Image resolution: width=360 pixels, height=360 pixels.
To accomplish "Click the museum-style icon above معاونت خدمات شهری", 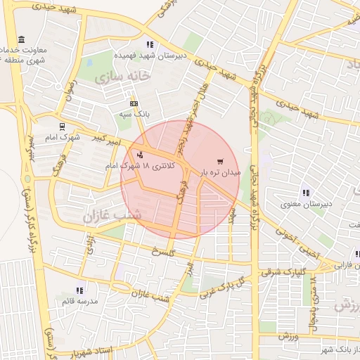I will tap(22, 39).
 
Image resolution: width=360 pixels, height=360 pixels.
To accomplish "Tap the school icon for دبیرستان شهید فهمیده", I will tap(149, 44).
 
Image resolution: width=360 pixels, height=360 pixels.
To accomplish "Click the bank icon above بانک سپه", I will tap(134, 103).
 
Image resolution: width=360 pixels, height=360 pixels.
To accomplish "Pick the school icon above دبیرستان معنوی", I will tap(306, 192).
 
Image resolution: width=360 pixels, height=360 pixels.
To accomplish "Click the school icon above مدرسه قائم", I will tap(79, 290).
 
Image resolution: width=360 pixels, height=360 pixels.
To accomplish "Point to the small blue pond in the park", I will tap(27, 176).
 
